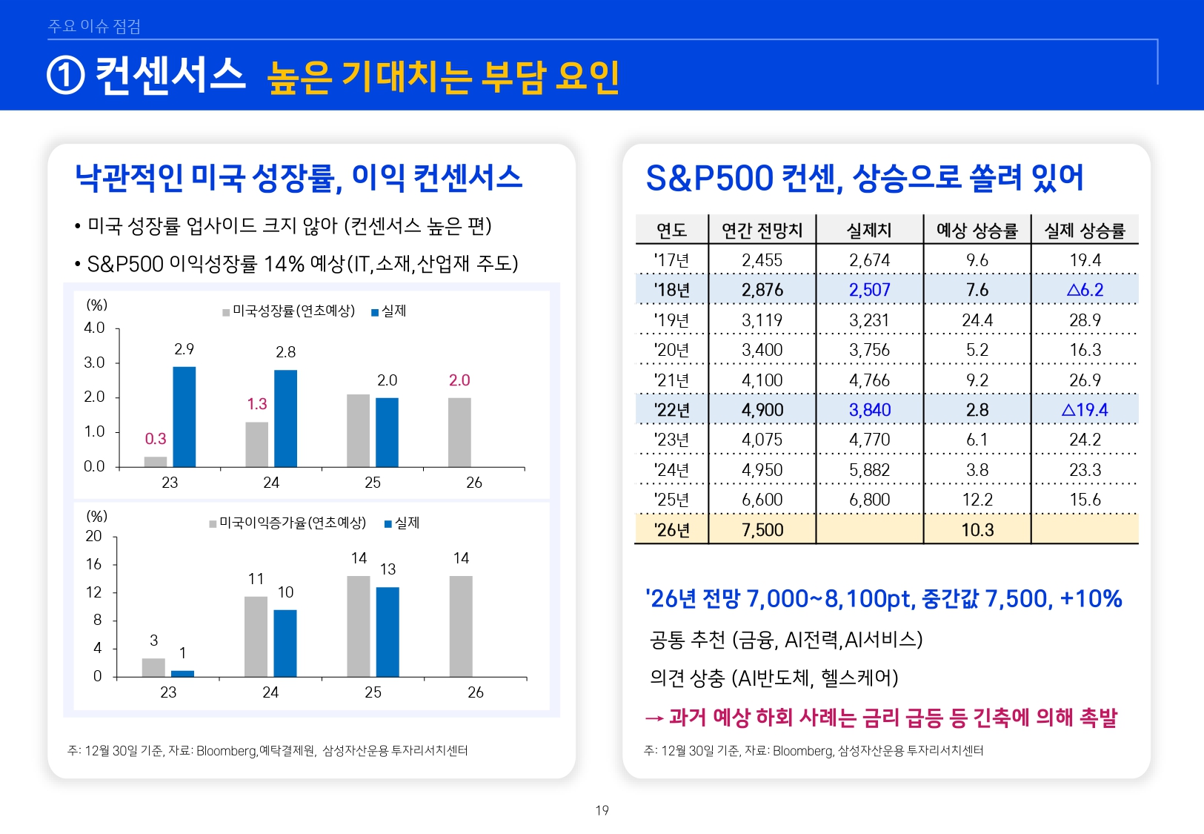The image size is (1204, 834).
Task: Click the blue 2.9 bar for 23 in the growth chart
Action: (x=184, y=417)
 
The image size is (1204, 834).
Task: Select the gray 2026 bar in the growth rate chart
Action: (x=459, y=432)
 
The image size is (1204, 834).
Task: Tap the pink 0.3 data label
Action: (x=156, y=439)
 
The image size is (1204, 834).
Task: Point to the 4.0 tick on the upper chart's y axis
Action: (x=94, y=328)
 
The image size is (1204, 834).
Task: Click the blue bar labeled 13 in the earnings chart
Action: (x=388, y=632)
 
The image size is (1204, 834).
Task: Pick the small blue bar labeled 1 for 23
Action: (x=182, y=673)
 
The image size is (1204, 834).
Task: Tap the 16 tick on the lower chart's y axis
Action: (x=93, y=564)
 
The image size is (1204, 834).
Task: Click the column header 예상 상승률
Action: (x=977, y=231)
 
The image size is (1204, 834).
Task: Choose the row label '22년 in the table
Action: (x=671, y=410)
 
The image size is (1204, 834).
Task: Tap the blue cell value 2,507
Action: (x=869, y=290)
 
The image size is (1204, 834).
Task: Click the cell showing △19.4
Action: (x=1084, y=410)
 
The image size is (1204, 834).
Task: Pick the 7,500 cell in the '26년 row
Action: (x=762, y=530)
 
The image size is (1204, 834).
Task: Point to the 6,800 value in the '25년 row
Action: (x=869, y=500)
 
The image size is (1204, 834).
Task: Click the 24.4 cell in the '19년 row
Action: (x=977, y=320)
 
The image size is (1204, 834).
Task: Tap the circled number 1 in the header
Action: (x=66, y=76)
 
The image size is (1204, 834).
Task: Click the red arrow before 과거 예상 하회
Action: (x=653, y=718)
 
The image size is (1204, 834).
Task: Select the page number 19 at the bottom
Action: (x=602, y=810)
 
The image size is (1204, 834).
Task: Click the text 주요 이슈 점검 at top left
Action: (x=94, y=26)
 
